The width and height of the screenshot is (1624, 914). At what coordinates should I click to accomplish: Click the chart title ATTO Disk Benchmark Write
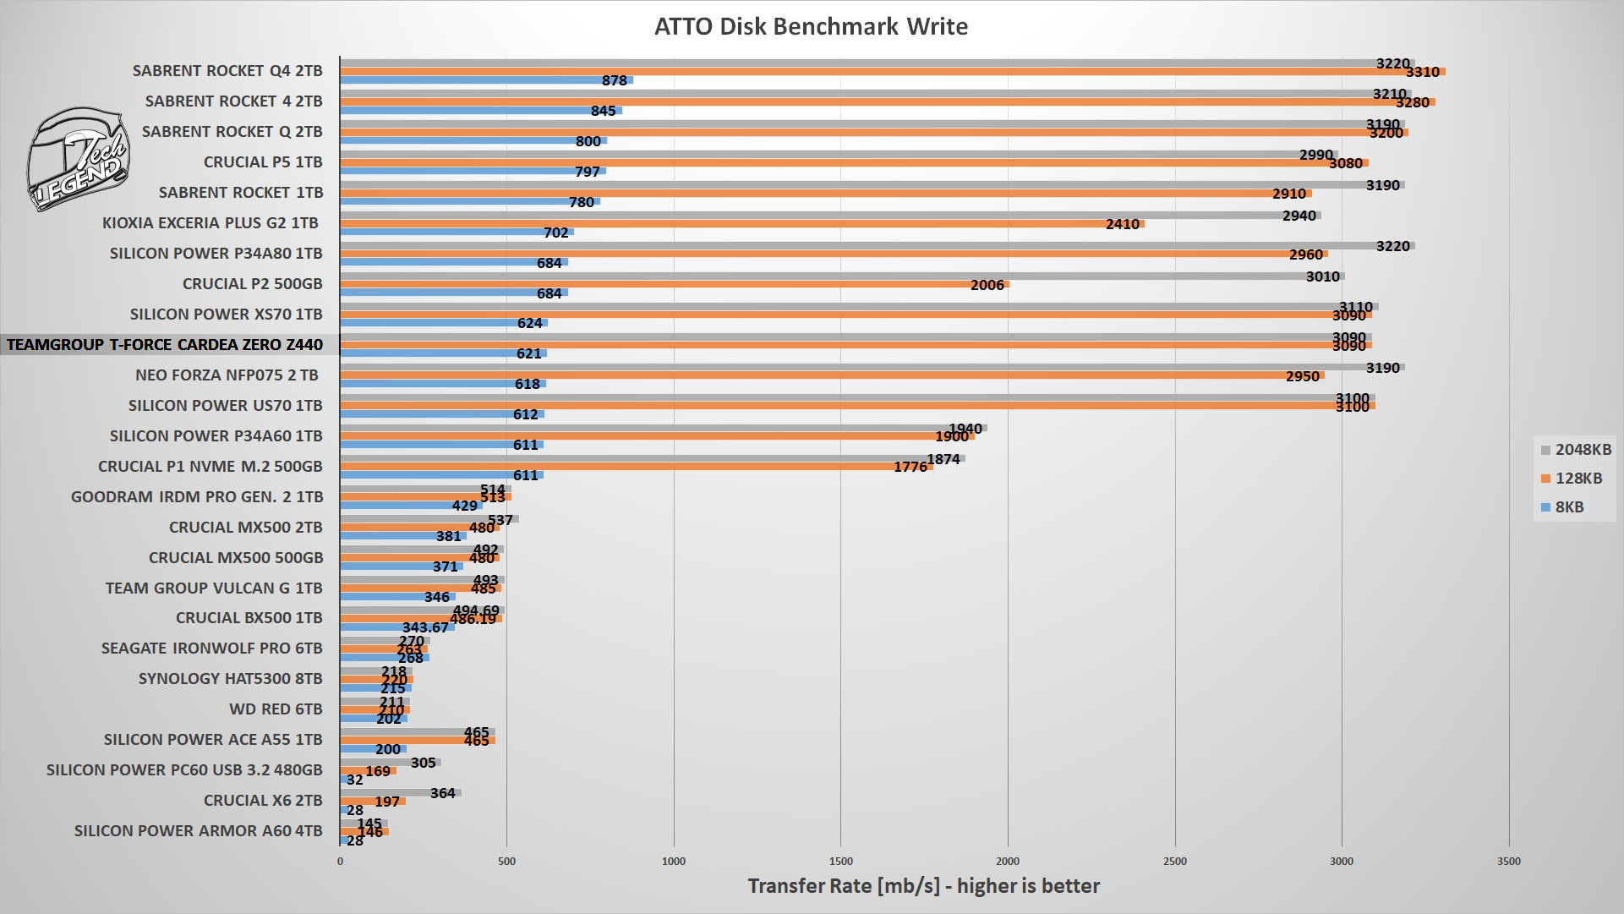811,26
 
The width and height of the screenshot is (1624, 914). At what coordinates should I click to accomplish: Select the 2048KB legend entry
1577,450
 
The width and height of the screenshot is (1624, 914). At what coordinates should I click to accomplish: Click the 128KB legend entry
1572,479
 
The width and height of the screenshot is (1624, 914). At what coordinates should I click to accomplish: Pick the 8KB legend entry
1563,507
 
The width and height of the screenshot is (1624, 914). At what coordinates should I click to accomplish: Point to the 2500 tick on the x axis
1175,862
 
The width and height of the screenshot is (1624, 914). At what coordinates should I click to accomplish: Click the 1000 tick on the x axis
674,862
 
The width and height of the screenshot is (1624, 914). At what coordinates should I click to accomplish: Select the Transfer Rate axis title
923,886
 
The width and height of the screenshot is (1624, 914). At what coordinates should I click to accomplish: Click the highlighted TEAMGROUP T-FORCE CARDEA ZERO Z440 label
165,345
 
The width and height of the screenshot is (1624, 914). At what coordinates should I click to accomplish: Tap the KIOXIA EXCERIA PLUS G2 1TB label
211,223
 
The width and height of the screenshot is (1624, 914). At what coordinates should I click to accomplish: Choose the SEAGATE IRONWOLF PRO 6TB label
211,649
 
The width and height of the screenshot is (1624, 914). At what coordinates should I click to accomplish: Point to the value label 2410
1123,225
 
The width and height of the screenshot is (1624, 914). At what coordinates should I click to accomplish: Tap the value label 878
615,81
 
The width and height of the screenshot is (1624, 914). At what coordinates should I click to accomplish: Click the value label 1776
910,468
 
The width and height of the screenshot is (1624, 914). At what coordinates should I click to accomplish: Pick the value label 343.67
425,628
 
